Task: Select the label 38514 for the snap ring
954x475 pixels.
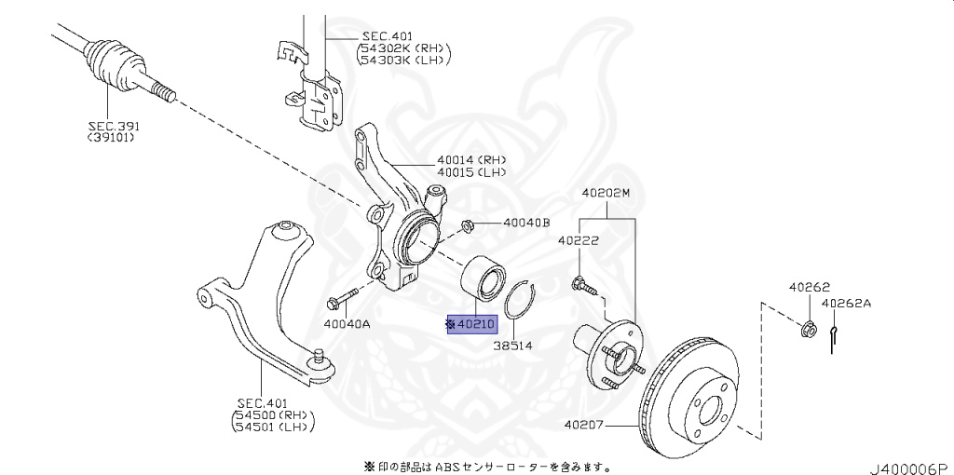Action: coord(512,346)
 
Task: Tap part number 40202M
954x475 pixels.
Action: coord(606,194)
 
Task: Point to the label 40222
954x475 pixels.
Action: coord(579,240)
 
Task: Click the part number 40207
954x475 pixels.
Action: coord(584,427)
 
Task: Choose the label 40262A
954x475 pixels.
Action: coord(846,303)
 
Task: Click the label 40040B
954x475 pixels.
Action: coord(526,224)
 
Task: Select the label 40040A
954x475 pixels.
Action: coord(347,324)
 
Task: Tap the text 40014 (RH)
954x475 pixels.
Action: coord(470,159)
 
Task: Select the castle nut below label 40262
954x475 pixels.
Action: coord(809,328)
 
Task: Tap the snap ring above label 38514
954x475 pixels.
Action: coord(520,301)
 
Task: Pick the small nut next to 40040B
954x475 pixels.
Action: coord(470,224)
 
